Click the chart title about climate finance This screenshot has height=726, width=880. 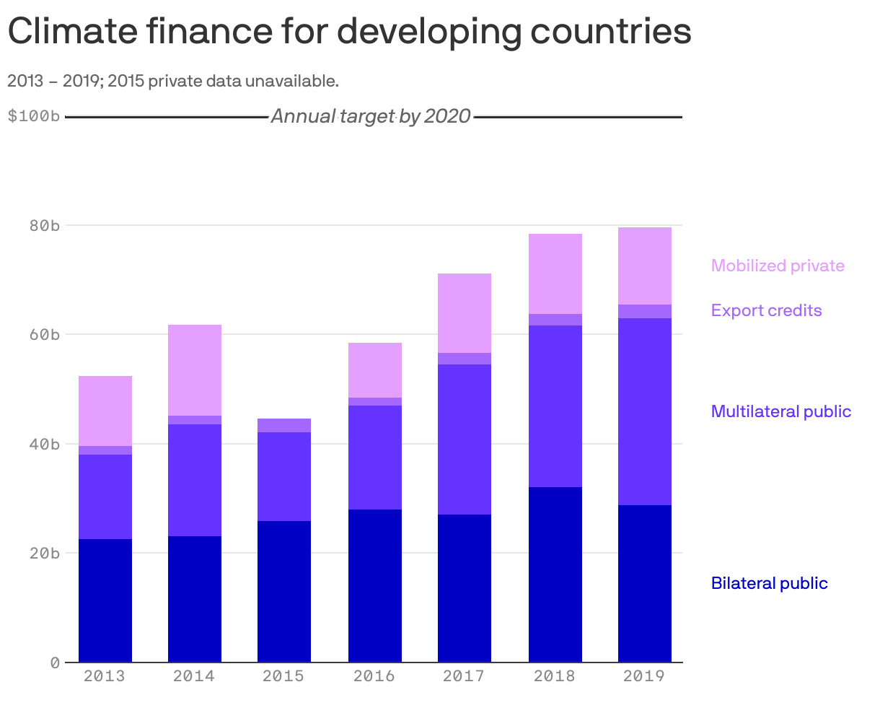coord(349,32)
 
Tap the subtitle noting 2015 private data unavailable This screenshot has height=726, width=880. coord(173,81)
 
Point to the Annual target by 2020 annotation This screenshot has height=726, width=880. coord(371,116)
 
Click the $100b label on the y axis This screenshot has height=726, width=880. coord(33,116)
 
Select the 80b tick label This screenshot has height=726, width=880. coord(44,226)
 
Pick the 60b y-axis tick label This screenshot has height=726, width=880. coord(44,335)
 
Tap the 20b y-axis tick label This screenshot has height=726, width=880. coord(44,554)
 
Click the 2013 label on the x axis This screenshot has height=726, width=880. coord(105,676)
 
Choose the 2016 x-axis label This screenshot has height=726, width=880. coord(374,676)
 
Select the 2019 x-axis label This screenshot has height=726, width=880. coord(644,676)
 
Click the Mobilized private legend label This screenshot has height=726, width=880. coord(778,266)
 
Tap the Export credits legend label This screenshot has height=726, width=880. coord(766,310)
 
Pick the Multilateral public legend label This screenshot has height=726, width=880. coord(781,411)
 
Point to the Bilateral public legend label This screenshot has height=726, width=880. coord(769,583)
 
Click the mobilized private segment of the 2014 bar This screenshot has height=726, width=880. coord(195,370)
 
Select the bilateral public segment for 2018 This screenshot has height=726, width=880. coord(555,574)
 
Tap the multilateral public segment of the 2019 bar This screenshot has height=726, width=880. coord(645,411)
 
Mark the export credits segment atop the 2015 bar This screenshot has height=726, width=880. coord(284,425)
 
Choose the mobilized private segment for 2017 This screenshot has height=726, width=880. coord(465,313)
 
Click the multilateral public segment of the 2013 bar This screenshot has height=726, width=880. coord(105,497)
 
